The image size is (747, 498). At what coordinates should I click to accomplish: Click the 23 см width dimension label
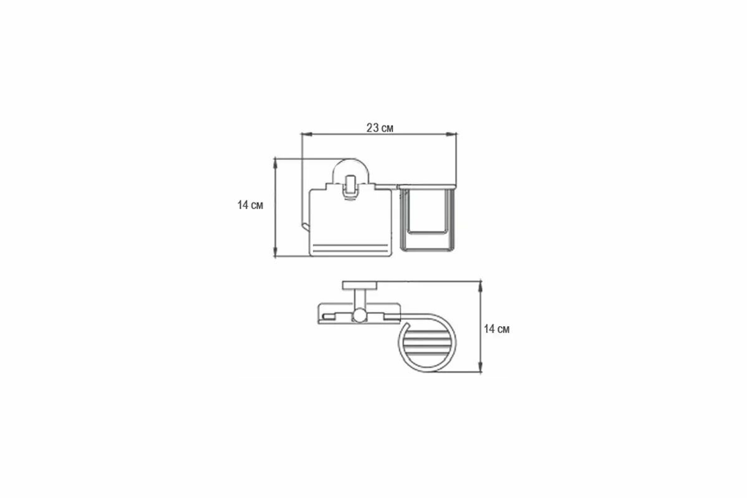380,128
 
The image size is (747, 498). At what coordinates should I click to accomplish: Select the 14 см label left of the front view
250,205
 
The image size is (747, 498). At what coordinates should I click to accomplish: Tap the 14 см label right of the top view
497,329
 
